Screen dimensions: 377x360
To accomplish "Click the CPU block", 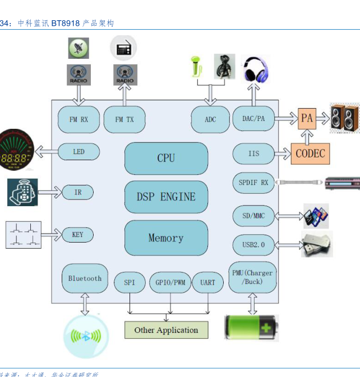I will pyautogui.click(x=166, y=158).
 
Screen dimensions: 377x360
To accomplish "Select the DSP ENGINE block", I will pyautogui.click(x=166, y=197).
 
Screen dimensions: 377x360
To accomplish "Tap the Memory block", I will pyautogui.click(x=166, y=238).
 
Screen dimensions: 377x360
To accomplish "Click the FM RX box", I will pyautogui.click(x=79, y=119).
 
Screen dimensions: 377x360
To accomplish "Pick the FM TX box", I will pyautogui.click(x=124, y=119).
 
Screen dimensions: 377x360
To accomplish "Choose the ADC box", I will pyautogui.click(x=210, y=119).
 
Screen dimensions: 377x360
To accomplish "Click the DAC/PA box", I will pyautogui.click(x=253, y=118).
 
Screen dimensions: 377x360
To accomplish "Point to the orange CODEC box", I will pyautogui.click(x=310, y=153).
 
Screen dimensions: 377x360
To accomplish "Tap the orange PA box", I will pyautogui.click(x=307, y=118).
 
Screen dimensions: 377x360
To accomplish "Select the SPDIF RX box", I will pyautogui.click(x=254, y=183).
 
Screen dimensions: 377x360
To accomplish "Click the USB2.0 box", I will pyautogui.click(x=254, y=245).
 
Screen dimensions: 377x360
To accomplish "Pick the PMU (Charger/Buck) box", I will pyautogui.click(x=252, y=277).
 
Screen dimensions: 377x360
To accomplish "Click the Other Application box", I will pyautogui.click(x=166, y=330).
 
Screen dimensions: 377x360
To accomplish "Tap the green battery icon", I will pyautogui.click(x=251, y=327).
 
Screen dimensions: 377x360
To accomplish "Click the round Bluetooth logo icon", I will pyautogui.click(x=85, y=336).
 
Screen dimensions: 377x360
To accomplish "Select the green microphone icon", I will pyautogui.click(x=196, y=67).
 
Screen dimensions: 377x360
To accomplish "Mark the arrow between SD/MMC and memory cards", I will pyautogui.click(x=290, y=216).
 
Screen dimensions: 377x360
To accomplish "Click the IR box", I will pyautogui.click(x=78, y=192).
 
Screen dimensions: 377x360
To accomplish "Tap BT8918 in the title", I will pyautogui.click(x=66, y=24).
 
